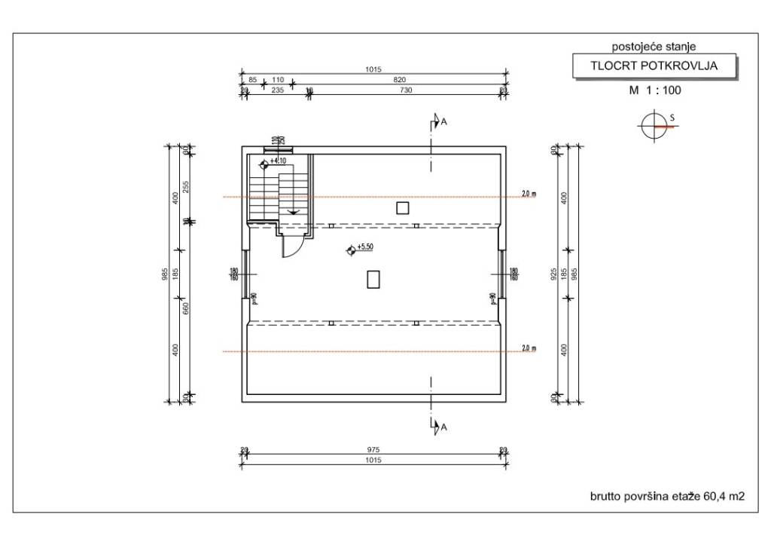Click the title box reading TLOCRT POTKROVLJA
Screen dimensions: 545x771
653,66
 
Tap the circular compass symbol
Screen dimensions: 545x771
651,127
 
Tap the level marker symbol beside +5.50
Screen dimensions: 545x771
349,251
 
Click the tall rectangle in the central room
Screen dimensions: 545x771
373,280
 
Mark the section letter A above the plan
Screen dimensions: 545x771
443,121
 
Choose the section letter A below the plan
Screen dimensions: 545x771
443,427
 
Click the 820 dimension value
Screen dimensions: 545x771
399,79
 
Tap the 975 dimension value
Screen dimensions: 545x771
372,450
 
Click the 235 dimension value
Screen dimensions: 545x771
277,90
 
